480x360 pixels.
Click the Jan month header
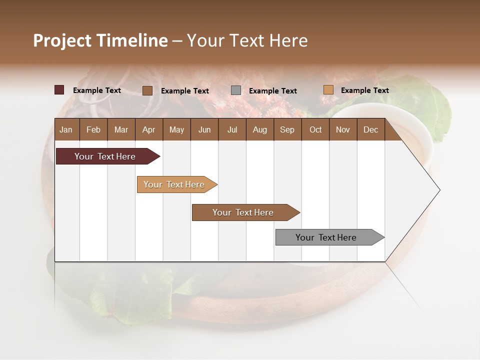[66, 130]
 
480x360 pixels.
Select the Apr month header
[148, 130]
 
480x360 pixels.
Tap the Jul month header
[232, 130]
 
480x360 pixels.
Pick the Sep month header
[287, 130]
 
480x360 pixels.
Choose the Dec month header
[370, 130]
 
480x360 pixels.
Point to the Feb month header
[93, 130]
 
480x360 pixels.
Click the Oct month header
[315, 130]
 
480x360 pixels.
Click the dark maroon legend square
[59, 90]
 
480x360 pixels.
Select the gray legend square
[236, 90]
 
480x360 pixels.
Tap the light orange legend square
[328, 90]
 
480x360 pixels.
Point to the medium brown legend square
[147, 90]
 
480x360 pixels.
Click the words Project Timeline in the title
[100, 40]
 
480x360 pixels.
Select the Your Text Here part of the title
[247, 40]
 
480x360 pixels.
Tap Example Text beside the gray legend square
[272, 91]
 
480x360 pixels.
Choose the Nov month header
[343, 130]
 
